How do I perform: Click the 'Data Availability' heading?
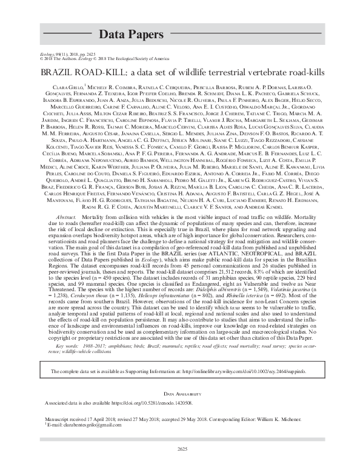(179, 394)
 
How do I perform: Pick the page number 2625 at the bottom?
(179, 448)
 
